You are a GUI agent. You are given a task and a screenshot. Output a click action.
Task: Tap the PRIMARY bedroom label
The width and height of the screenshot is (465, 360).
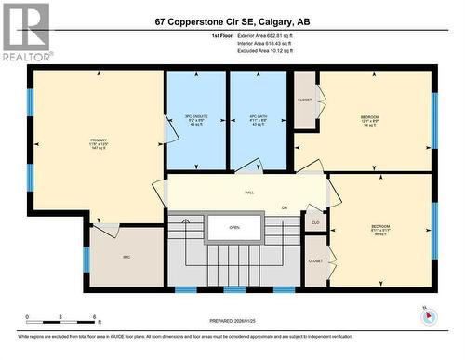[100, 144]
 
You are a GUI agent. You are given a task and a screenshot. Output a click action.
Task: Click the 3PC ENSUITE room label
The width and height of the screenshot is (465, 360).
[196, 120]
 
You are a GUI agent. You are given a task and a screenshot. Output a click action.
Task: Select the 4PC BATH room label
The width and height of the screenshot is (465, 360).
[258, 120]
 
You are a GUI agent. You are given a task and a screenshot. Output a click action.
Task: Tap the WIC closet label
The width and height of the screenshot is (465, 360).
[126, 257]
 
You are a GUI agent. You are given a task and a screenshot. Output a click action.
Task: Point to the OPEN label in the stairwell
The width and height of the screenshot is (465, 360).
[234, 226]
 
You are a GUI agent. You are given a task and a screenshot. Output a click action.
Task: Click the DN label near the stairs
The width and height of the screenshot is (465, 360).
[285, 207]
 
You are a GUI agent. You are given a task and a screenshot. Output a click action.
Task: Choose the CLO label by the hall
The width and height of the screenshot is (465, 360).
[316, 221]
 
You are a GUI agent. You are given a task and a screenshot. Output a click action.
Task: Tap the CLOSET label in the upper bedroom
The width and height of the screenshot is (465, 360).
[305, 99]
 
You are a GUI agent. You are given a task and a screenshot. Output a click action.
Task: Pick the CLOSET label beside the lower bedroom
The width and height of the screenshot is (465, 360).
[315, 261]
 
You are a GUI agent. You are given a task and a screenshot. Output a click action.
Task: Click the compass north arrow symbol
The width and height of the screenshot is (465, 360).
[428, 314]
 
